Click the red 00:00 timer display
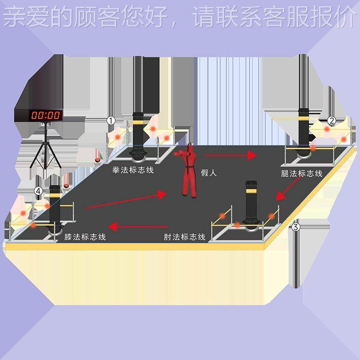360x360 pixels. (45, 115)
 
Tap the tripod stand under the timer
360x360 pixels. (45, 148)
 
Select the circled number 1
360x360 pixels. (111, 120)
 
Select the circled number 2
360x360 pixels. (331, 120)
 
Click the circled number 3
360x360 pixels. (295, 227)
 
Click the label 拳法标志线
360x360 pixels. (133, 170)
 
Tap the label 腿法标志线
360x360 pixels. (301, 174)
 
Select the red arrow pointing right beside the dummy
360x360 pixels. (230, 155)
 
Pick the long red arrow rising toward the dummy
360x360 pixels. (126, 200)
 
